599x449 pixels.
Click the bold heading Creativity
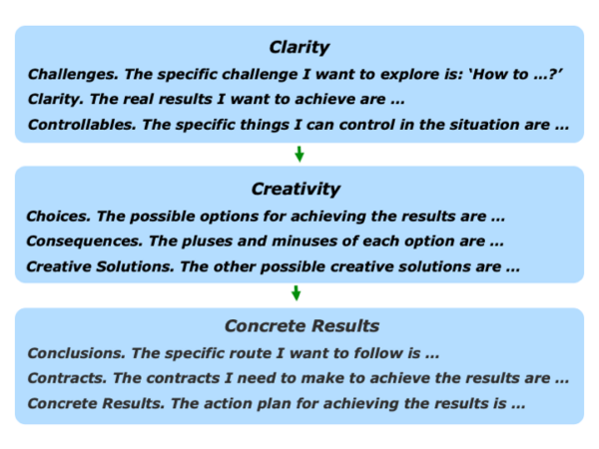[x=296, y=190]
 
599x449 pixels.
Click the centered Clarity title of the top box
[x=299, y=48]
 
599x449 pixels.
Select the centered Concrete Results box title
[x=301, y=326]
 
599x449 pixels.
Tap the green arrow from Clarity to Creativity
[x=299, y=155]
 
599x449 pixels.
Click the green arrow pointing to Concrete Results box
[x=297, y=293]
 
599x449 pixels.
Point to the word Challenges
[x=73, y=75]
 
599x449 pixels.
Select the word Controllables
[x=82, y=125]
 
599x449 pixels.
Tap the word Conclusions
[x=77, y=353]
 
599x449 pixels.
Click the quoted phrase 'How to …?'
[x=516, y=74]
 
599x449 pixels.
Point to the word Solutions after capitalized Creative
[x=135, y=266]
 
